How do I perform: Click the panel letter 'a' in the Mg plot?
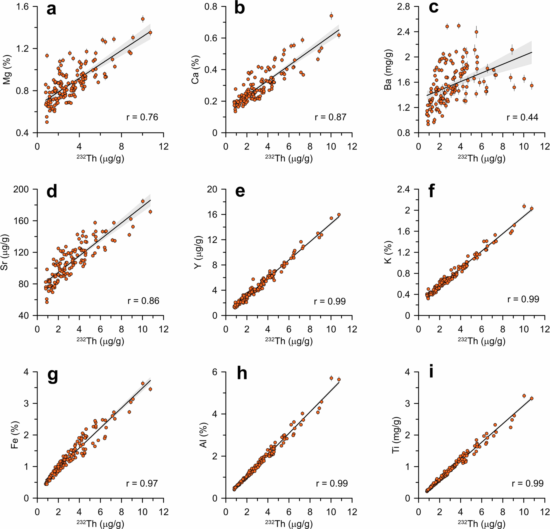click(51, 10)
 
